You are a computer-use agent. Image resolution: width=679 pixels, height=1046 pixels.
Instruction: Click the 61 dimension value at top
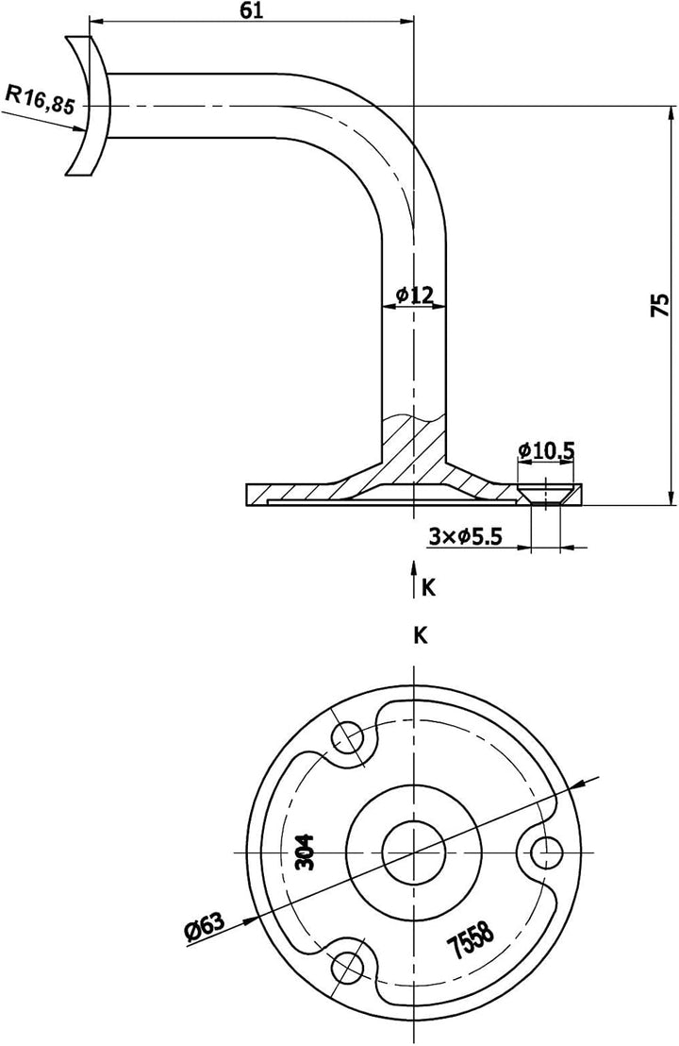click(251, 10)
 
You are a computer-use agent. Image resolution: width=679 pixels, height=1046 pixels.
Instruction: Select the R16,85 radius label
click(40, 98)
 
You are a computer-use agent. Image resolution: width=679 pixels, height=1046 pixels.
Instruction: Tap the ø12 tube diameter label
click(414, 295)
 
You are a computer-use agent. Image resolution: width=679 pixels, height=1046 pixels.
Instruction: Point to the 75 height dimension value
click(660, 304)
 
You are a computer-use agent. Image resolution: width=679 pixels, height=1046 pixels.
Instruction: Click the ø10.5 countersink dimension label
click(546, 450)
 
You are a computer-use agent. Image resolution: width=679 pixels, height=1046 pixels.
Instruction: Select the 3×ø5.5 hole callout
click(466, 536)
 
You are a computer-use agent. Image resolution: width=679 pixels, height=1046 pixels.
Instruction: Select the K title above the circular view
click(421, 635)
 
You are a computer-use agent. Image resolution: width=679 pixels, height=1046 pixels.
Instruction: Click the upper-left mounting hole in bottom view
click(349, 737)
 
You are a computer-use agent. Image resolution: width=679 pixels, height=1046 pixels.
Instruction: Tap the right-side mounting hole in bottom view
click(544, 852)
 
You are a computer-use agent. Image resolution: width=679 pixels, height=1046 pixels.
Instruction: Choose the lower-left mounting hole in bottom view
click(348, 964)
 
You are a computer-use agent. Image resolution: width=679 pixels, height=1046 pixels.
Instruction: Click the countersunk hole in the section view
click(546, 494)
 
